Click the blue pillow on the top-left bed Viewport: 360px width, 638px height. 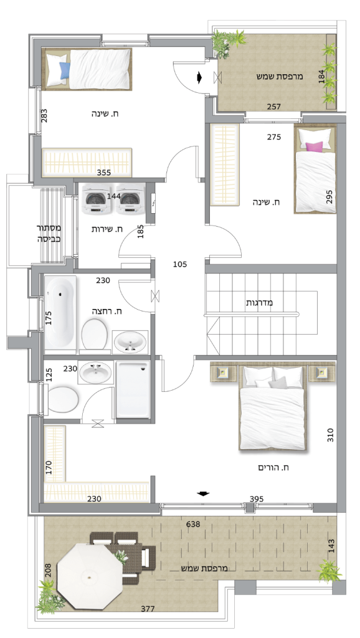(65, 70)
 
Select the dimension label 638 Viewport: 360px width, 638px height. (193, 524)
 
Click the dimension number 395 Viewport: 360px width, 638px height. (257, 499)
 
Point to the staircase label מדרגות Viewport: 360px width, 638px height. (259, 303)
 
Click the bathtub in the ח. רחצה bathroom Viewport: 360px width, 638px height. (60, 313)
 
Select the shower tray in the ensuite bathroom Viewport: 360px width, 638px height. (133, 389)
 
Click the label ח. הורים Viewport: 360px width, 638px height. (273, 467)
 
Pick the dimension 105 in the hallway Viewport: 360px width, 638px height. (180, 264)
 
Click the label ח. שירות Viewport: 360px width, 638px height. (107, 229)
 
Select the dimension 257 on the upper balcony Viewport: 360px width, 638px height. (274, 107)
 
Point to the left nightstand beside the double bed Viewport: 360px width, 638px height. (223, 373)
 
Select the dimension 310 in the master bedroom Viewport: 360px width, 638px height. (330, 436)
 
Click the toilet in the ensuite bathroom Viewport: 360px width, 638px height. (63, 399)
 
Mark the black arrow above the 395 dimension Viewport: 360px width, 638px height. (203, 494)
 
